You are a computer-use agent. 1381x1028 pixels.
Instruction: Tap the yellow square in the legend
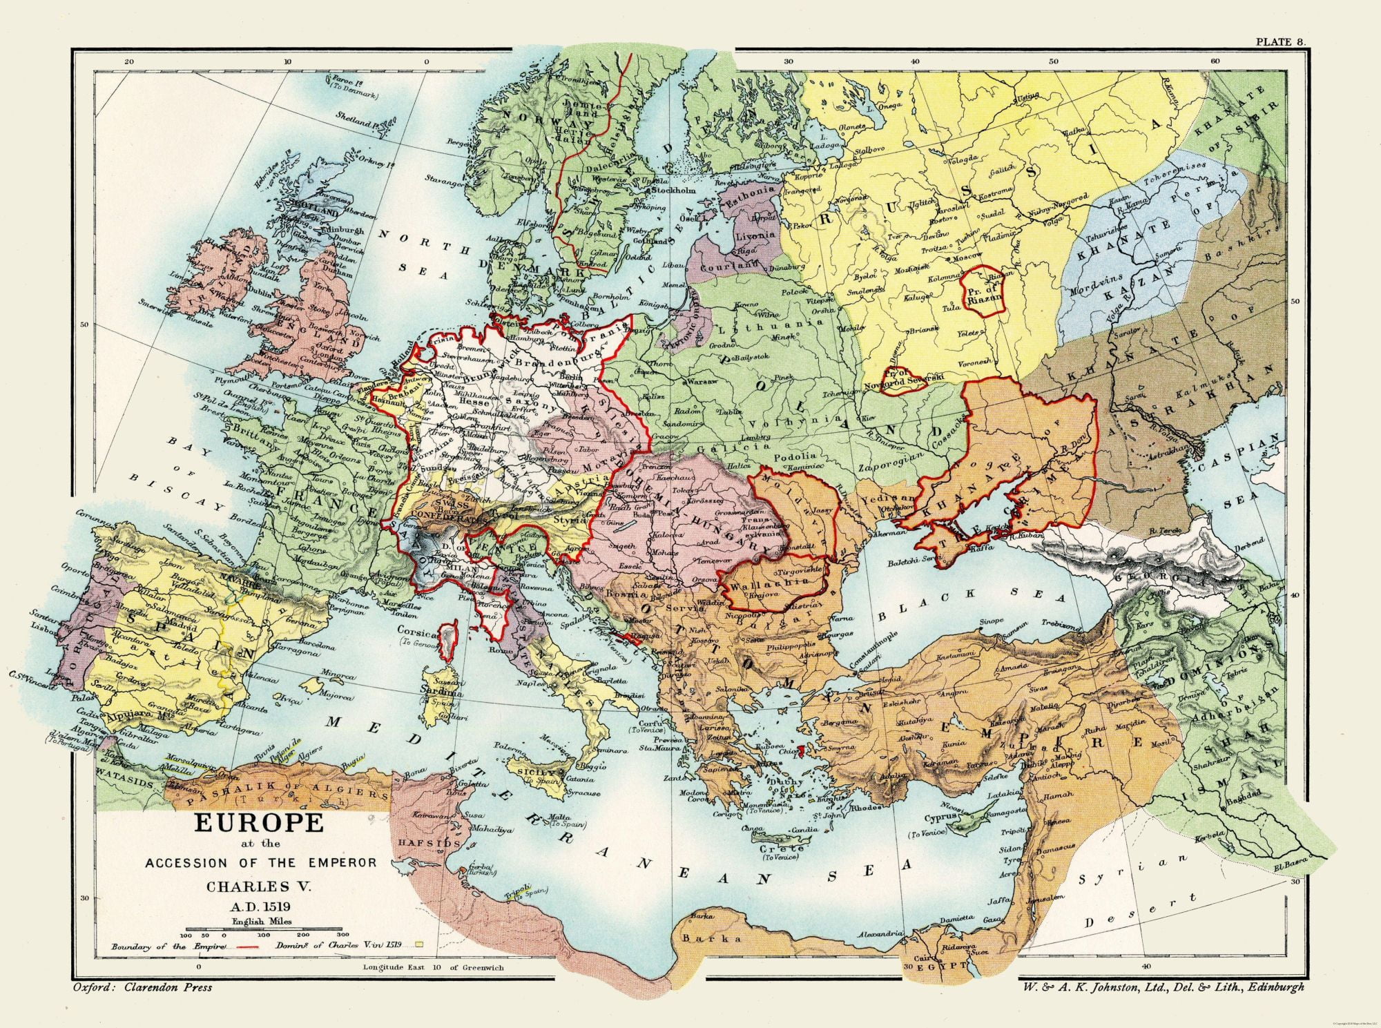coord(418,944)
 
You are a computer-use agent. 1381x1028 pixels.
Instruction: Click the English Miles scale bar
coord(260,931)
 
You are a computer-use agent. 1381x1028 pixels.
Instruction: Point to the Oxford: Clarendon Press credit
coord(142,987)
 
